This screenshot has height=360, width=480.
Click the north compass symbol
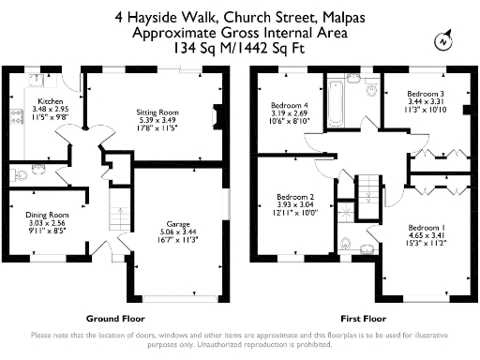[442, 41]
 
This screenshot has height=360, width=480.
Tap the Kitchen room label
[49, 100]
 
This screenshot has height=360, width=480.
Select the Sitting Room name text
[157, 111]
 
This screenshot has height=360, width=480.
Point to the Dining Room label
[45, 215]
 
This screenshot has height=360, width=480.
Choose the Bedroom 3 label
[425, 94]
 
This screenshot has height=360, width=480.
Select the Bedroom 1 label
[425, 228]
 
